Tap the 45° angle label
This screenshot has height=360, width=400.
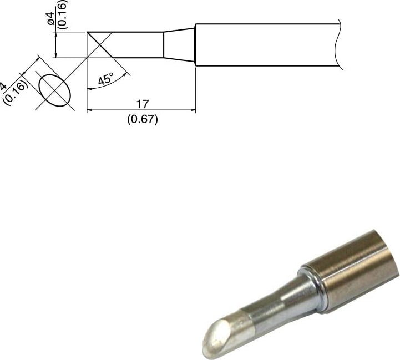(x=105, y=79)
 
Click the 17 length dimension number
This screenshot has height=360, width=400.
(x=142, y=103)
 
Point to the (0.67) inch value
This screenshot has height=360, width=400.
(x=142, y=119)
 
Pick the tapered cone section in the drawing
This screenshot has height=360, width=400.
(x=179, y=44)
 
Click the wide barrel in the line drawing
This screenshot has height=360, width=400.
(x=266, y=45)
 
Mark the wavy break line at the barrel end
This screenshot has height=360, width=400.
(x=338, y=45)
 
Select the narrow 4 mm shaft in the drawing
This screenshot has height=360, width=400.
(x=139, y=44)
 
